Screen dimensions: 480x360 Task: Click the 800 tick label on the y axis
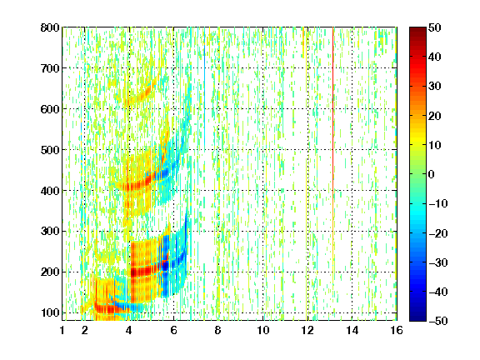coord(50,27)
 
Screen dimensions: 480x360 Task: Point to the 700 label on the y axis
coord(50,68)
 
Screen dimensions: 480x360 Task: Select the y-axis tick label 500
coord(50,150)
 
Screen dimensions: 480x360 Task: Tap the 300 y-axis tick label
coord(50,232)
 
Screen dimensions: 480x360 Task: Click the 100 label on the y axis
coord(50,312)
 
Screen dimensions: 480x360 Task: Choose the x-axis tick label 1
coord(62,330)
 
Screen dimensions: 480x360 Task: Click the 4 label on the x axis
coord(129,330)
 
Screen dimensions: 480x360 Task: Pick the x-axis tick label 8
coord(217,330)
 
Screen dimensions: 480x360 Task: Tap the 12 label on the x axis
coord(307,330)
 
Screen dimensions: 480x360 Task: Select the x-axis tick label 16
coord(397,330)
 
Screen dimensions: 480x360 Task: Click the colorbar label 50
coord(434,27)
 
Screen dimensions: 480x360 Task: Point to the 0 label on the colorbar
coord(431,174)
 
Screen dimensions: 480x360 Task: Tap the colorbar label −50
coord(437,321)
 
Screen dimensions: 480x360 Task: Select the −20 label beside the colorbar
coord(437,233)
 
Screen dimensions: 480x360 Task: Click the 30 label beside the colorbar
coord(434,87)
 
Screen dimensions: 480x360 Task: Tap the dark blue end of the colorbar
coord(417,318)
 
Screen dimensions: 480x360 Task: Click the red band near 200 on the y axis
coord(145,271)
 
